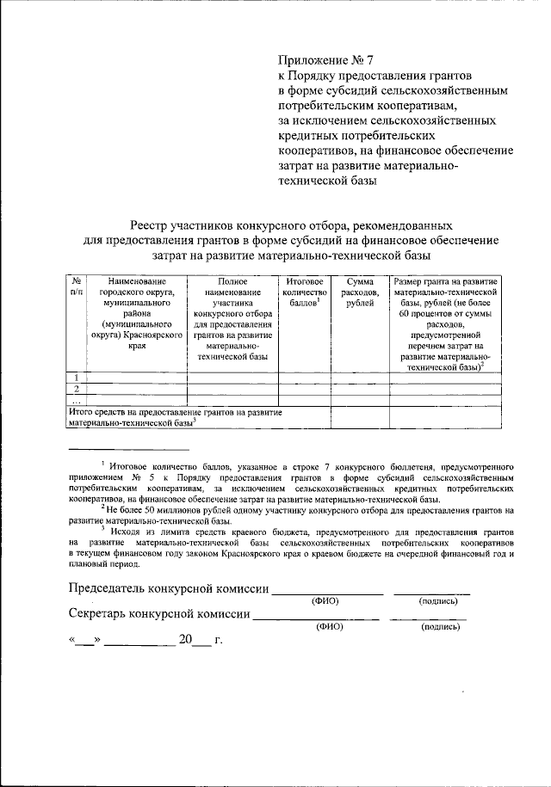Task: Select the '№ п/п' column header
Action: pyautogui.click(x=77, y=286)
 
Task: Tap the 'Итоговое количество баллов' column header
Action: pyautogui.click(x=304, y=292)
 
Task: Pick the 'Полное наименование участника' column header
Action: pyautogui.click(x=232, y=318)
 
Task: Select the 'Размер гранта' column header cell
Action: pyautogui.click(x=444, y=323)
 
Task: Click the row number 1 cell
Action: pyautogui.click(x=77, y=378)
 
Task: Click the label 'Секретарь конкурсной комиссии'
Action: pyautogui.click(x=158, y=615)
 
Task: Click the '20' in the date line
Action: pyautogui.click(x=186, y=641)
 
